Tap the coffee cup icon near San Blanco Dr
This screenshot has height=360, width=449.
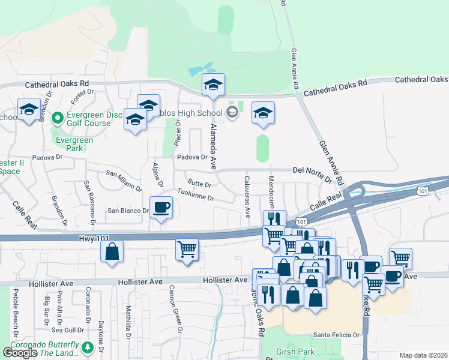[160, 208]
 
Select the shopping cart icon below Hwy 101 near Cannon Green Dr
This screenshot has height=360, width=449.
[187, 249]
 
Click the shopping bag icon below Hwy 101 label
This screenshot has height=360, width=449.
[112, 252]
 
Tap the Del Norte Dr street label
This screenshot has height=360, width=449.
[312, 174]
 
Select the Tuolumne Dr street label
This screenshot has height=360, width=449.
[195, 195]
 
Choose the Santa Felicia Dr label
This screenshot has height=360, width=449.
[336, 335]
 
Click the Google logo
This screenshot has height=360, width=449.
[20, 353]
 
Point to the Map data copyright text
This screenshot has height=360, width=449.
[424, 355]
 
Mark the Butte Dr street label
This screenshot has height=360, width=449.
[199, 183]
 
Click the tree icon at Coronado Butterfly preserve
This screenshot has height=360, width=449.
[88, 347]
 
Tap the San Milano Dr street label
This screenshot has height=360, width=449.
[124, 181]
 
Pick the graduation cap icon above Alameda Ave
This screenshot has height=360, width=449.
[213, 86]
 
